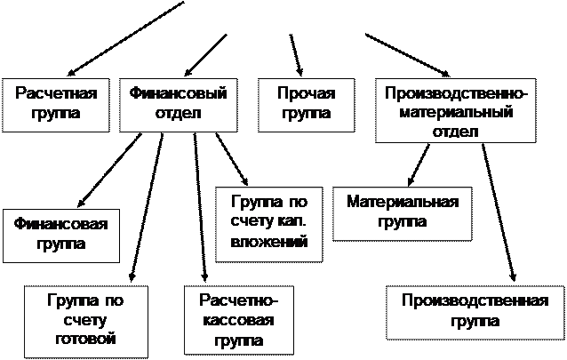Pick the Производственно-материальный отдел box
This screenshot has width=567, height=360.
tap(457, 111)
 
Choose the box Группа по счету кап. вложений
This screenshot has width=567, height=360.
tap(268, 222)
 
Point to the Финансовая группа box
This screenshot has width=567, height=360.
tap(60, 234)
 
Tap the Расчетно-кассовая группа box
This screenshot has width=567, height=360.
tap(236, 319)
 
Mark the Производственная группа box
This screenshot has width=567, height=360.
tap(474, 311)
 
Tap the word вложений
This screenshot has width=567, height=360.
tap(268, 241)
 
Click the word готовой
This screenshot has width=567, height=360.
tap(84, 339)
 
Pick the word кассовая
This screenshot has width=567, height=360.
tap(236, 320)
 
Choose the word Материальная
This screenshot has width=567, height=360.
tap(402, 203)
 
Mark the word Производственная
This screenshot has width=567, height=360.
tap(474, 300)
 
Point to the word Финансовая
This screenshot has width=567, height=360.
tap(60, 223)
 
